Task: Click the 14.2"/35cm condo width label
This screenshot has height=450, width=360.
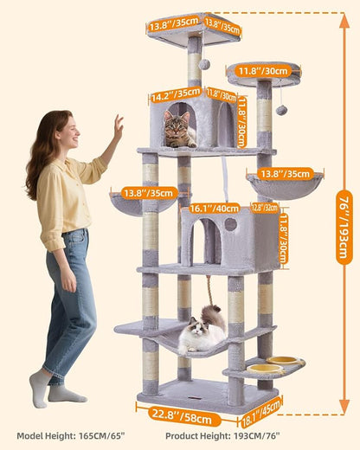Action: click(x=176, y=97)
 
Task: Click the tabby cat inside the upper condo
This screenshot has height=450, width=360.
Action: click(x=179, y=130)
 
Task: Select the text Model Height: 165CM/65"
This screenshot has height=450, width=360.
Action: click(x=67, y=435)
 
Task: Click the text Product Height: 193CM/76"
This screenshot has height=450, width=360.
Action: click(x=211, y=435)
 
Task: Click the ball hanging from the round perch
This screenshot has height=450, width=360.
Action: click(x=282, y=109)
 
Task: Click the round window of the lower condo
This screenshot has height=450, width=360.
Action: click(x=230, y=224)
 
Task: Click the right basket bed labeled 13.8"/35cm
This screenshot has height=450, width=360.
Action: click(x=285, y=185)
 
